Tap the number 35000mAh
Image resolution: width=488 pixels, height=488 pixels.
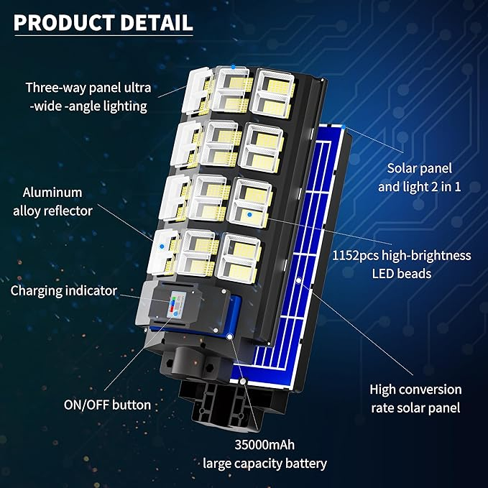[264, 445]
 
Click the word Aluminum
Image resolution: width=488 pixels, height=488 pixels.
[52, 193]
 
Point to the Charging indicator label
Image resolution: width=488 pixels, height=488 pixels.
[64, 292]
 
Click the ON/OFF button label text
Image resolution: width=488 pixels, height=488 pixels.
[107, 405]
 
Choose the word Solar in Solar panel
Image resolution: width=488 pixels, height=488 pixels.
[403, 169]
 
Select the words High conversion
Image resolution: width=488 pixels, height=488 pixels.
[415, 390]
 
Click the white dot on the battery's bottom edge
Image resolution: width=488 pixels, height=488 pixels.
[229, 335]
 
